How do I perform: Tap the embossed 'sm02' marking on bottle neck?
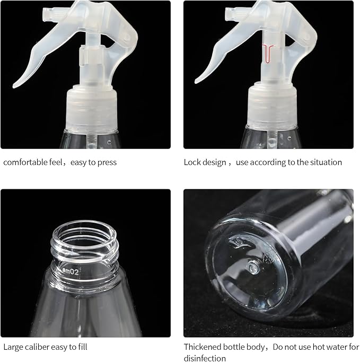(x=71, y=272)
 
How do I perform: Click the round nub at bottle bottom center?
(x=253, y=267)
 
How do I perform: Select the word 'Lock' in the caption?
(x=192, y=162)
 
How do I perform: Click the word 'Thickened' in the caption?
(x=200, y=347)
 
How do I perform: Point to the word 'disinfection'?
(x=205, y=358)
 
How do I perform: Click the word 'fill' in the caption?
(x=82, y=347)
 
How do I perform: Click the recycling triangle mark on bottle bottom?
(x=267, y=258)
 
